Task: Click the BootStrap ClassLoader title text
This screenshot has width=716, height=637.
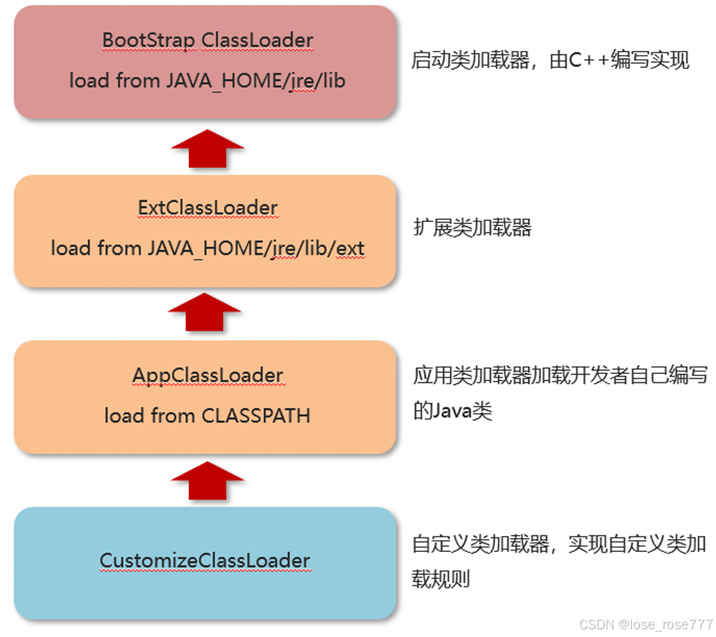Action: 208,40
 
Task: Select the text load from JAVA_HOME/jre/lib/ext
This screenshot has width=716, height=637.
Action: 208,248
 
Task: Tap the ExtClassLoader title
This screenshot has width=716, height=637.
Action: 208,208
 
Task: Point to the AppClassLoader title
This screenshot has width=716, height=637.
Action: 208,375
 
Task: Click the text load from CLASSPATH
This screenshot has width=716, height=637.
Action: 208,416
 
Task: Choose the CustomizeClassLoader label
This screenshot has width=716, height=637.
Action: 205,560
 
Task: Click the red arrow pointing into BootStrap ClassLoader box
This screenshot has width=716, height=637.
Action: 208,148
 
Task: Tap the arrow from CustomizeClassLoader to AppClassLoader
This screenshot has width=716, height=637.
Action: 208,481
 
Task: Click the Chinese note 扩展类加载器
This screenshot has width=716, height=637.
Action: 473,227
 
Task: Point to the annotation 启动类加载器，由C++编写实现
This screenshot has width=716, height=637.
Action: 550,61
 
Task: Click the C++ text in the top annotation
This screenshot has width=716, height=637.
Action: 588,61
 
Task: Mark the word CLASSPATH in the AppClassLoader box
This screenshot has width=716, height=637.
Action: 256,416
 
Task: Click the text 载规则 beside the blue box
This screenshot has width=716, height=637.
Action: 441,579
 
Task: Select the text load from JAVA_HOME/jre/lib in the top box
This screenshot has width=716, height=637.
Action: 208,80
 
